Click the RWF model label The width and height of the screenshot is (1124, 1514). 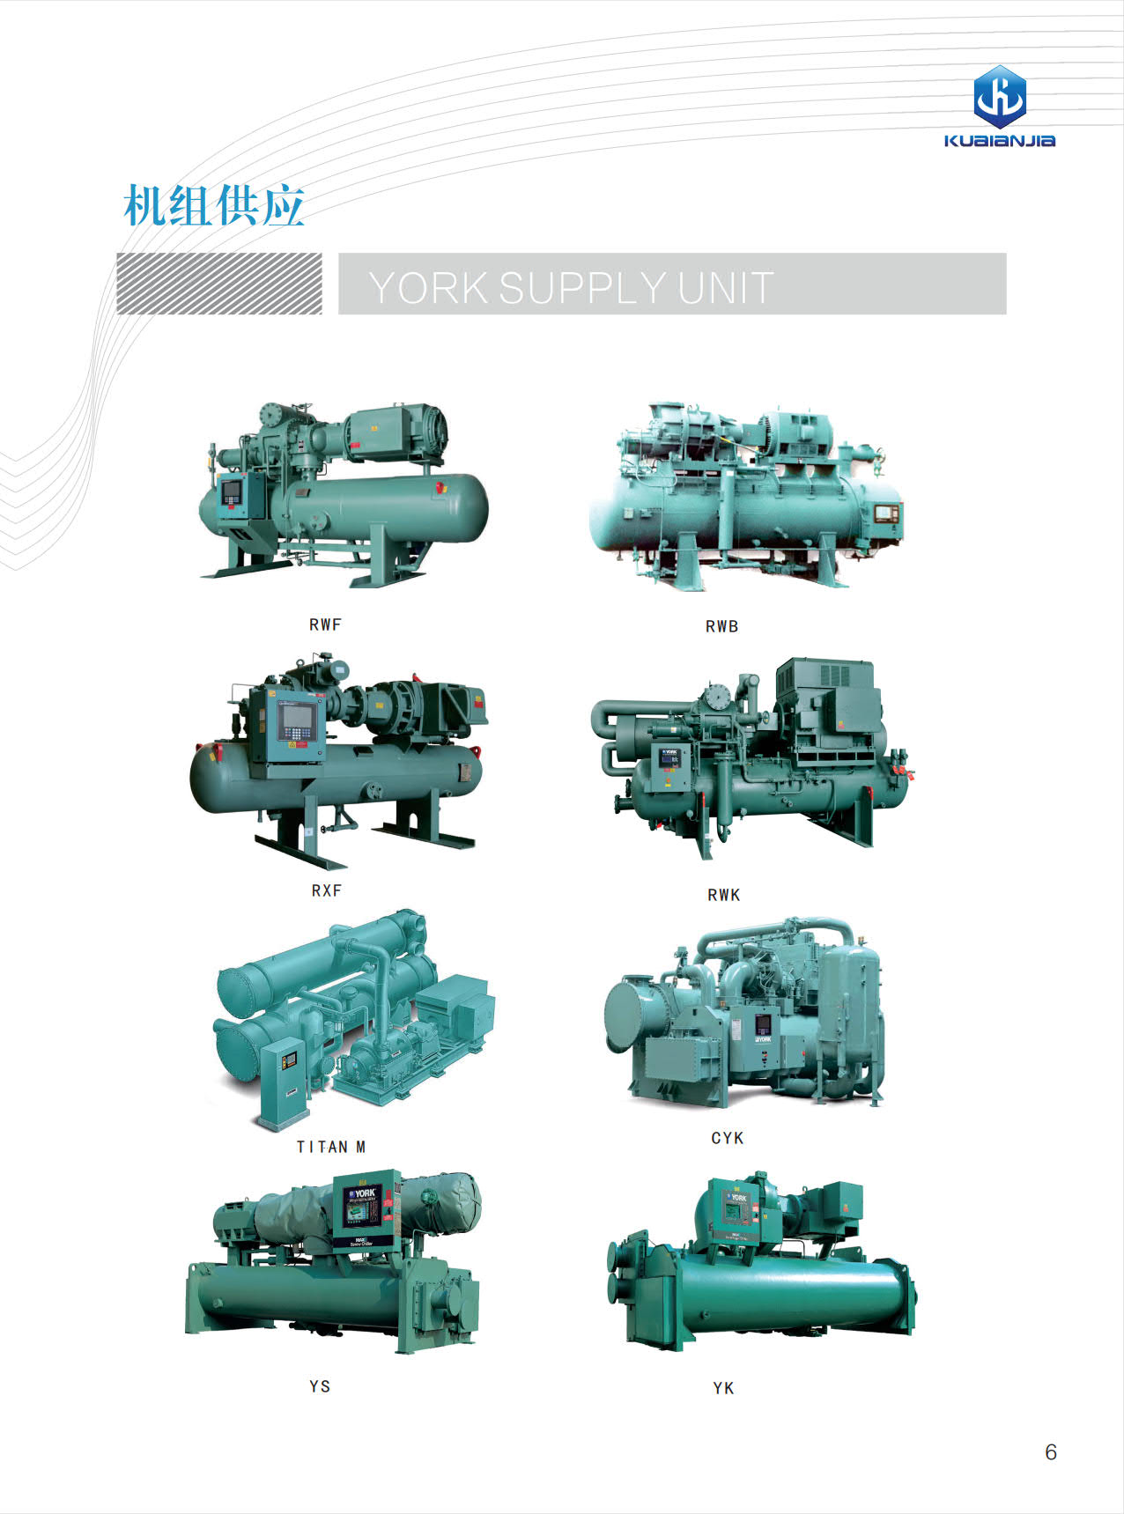point(325,624)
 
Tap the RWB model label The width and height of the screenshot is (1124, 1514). point(721,626)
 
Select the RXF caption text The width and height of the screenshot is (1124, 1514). point(326,890)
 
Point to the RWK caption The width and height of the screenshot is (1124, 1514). point(723,895)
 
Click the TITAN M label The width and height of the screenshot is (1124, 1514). point(330,1147)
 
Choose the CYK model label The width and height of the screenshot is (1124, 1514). point(728,1138)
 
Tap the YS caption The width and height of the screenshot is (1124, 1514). point(320,1386)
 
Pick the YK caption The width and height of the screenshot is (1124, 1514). point(723,1388)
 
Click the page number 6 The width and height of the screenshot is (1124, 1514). point(1050,1452)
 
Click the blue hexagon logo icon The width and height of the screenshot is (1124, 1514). point(1000,96)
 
